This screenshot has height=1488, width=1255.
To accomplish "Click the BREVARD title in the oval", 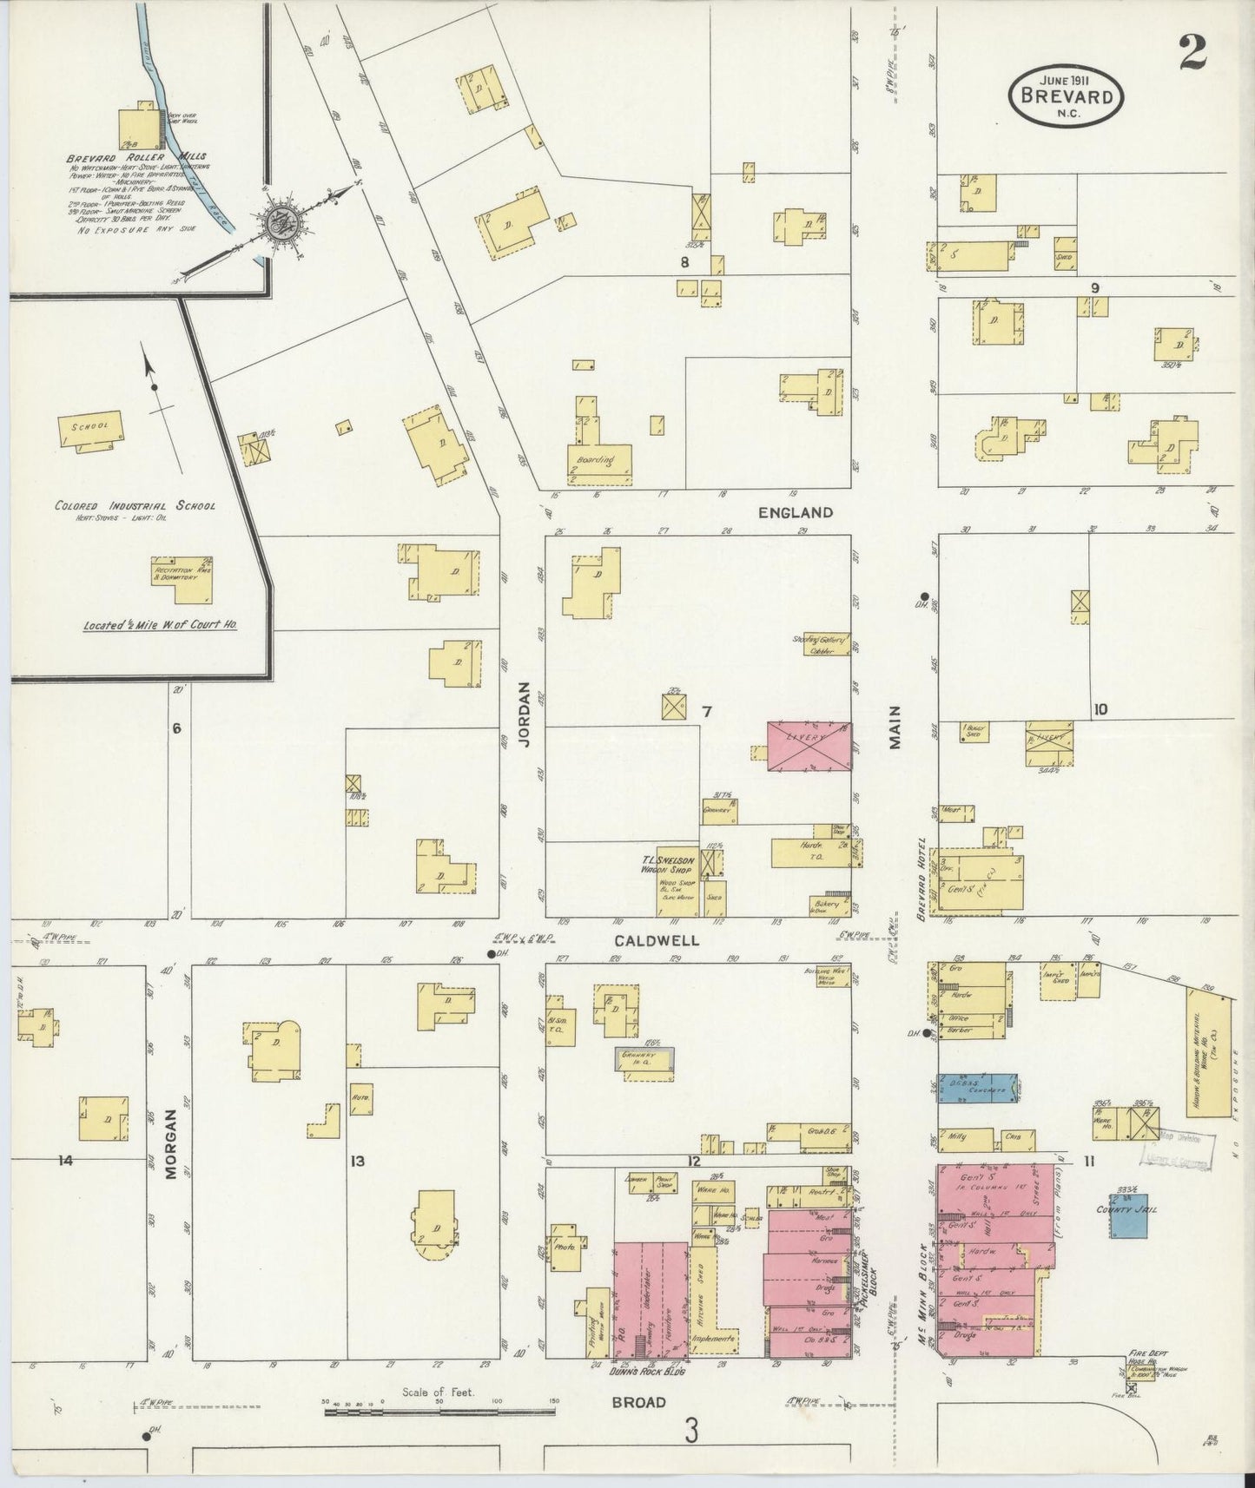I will (1067, 95).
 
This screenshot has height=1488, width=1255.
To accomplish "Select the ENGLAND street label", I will (795, 512).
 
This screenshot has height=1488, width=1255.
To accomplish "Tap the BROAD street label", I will (638, 1401).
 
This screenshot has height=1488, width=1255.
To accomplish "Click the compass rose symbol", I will (281, 221).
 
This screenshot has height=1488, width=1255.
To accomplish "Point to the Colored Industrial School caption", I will (135, 505).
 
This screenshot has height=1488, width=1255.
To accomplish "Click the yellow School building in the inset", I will (91, 429).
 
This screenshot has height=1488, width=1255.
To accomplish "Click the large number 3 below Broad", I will (690, 1431).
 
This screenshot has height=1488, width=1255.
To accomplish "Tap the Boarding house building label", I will (591, 460).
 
